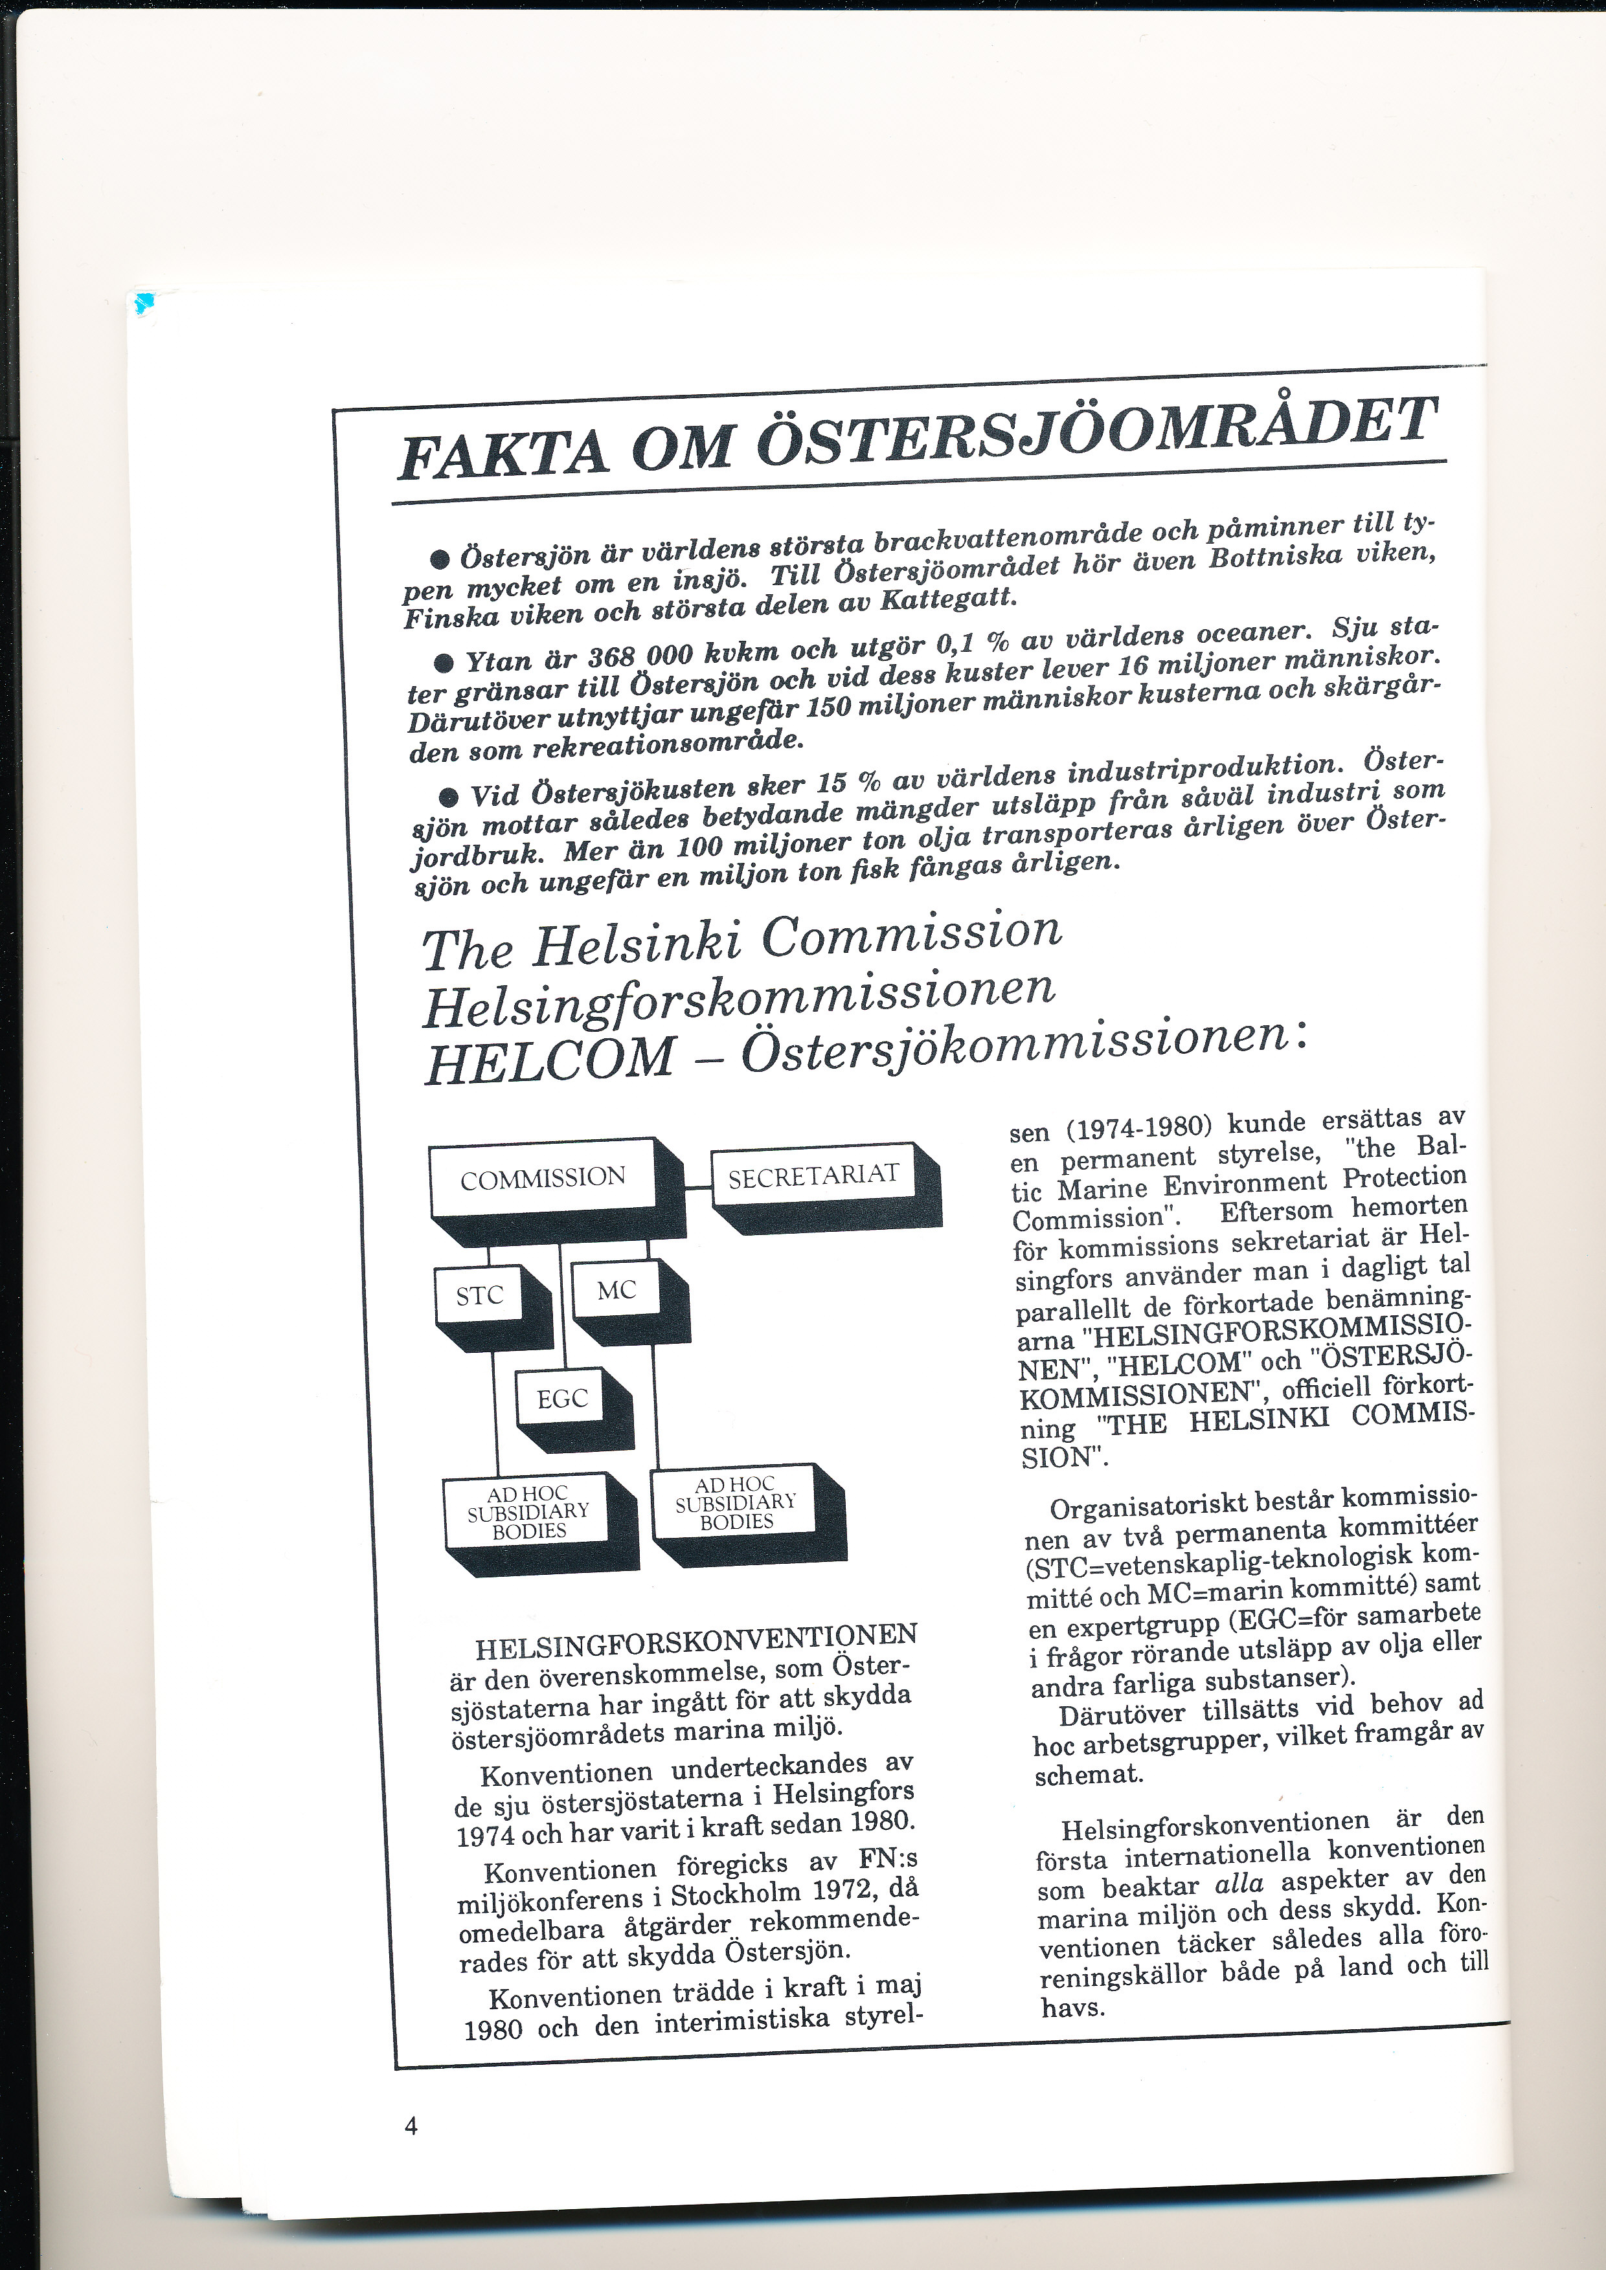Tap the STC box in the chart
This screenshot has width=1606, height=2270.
click(x=480, y=1295)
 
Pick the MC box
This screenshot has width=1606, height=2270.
click(x=616, y=1290)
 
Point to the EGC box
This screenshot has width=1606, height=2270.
click(x=561, y=1399)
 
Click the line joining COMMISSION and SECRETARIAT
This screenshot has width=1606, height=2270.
click(x=698, y=1186)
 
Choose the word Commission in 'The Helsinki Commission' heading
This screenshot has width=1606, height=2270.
click(x=912, y=934)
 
